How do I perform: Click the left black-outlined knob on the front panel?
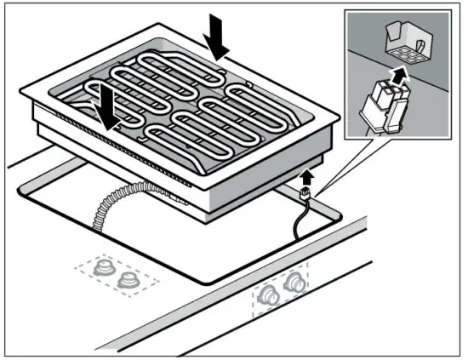click(271, 294)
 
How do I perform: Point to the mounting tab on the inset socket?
click(392, 34)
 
